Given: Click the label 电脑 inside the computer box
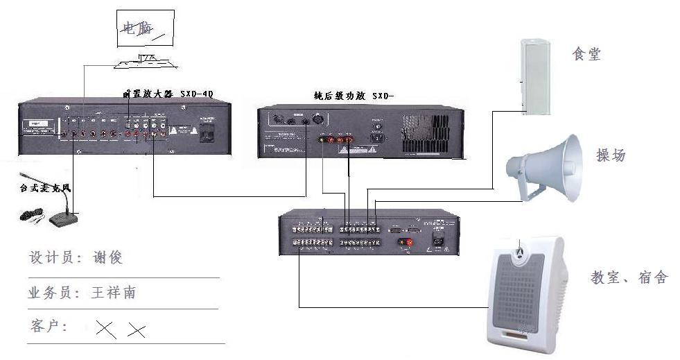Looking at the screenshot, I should pos(137,29).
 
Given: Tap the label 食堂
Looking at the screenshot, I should pos(586,54).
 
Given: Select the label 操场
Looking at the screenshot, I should pos(611,155).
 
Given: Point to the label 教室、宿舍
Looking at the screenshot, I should pos(629,278).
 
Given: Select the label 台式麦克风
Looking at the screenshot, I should pos(45,188).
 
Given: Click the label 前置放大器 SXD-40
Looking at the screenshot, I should pos(167,93).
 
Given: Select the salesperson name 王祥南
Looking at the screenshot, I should pos(114,293).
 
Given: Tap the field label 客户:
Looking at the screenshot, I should pos(49,326).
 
